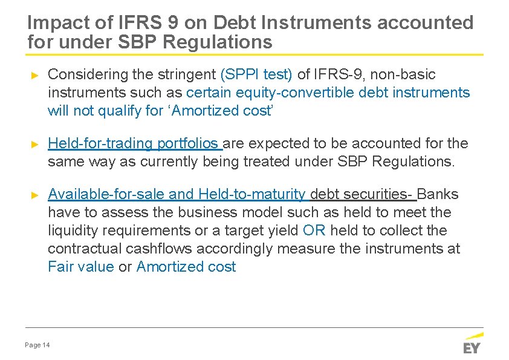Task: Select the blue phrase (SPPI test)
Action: tap(256, 74)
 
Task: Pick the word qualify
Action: tap(111, 111)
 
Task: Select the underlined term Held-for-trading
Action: tap(100, 143)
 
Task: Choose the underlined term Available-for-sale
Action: tap(106, 194)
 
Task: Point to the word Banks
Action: tap(438, 194)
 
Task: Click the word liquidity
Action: tap(71, 231)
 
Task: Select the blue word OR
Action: tap(314, 231)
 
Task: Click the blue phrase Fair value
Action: tap(80, 267)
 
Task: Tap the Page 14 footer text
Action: tap(37, 345)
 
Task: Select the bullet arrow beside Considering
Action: tap(34, 75)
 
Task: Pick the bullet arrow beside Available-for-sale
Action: tap(34, 195)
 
